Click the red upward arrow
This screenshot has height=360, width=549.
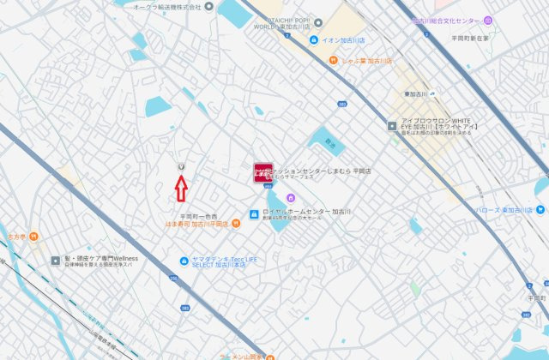pyautogui.click(x=181, y=185)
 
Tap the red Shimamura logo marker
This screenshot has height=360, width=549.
pyautogui.click(x=262, y=173)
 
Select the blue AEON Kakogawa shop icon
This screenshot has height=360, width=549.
pyautogui.click(x=315, y=40)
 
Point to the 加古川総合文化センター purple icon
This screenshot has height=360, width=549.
pyautogui.click(x=488, y=20)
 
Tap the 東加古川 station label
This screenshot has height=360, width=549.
pyautogui.click(x=418, y=93)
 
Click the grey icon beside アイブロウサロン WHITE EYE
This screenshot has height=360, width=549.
pyautogui.click(x=392, y=125)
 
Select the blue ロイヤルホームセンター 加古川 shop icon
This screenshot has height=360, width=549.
pyautogui.click(x=255, y=214)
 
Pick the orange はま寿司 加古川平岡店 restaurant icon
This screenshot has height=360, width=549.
pyautogui.click(x=235, y=224)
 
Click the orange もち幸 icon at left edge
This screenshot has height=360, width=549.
pyautogui.click(x=32, y=237)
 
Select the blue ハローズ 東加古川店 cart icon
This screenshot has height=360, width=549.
pyautogui.click(x=539, y=209)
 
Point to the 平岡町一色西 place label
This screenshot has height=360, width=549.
pyautogui.click(x=199, y=215)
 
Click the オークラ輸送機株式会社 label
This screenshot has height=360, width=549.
pyautogui.click(x=167, y=6)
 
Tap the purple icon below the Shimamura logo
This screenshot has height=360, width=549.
pyautogui.click(x=291, y=199)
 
